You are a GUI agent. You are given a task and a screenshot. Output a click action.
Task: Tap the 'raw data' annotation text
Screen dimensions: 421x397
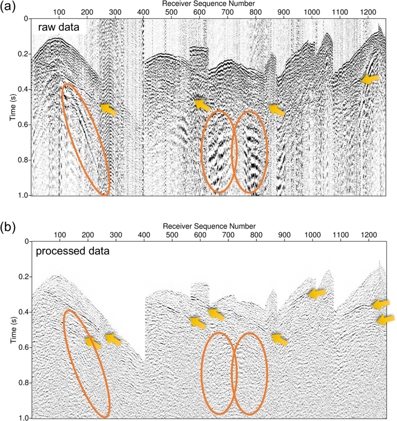(59, 27)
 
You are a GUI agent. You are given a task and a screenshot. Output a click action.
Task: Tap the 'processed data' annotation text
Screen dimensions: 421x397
(73, 251)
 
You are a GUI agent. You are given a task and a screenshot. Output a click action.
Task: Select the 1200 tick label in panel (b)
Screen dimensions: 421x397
(368, 235)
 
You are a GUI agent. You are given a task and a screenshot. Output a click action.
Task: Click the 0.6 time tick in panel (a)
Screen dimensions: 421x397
(24, 124)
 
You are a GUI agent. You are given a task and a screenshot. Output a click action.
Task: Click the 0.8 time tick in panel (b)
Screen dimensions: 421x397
(24, 383)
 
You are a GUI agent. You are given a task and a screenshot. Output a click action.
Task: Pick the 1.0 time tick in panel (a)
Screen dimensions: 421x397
(24, 195)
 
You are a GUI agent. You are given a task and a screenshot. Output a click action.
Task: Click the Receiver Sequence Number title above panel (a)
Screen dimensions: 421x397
(209, 4)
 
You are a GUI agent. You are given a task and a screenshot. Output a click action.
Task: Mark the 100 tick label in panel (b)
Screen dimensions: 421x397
(60, 235)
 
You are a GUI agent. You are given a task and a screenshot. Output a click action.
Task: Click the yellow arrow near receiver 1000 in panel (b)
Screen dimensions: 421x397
(317, 293)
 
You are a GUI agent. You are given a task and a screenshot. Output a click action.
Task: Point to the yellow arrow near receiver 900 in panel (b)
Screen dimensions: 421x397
(279, 339)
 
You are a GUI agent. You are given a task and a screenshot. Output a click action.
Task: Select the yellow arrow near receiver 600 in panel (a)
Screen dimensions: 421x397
(202, 105)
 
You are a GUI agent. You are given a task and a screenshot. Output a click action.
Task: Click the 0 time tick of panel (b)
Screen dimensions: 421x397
(26, 242)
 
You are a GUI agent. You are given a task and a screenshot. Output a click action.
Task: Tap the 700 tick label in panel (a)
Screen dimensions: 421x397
(228, 12)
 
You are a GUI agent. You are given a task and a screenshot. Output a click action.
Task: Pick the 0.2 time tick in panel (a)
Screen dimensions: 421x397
(24, 54)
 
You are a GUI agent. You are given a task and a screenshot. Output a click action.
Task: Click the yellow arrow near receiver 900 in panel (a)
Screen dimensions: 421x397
(277, 110)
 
